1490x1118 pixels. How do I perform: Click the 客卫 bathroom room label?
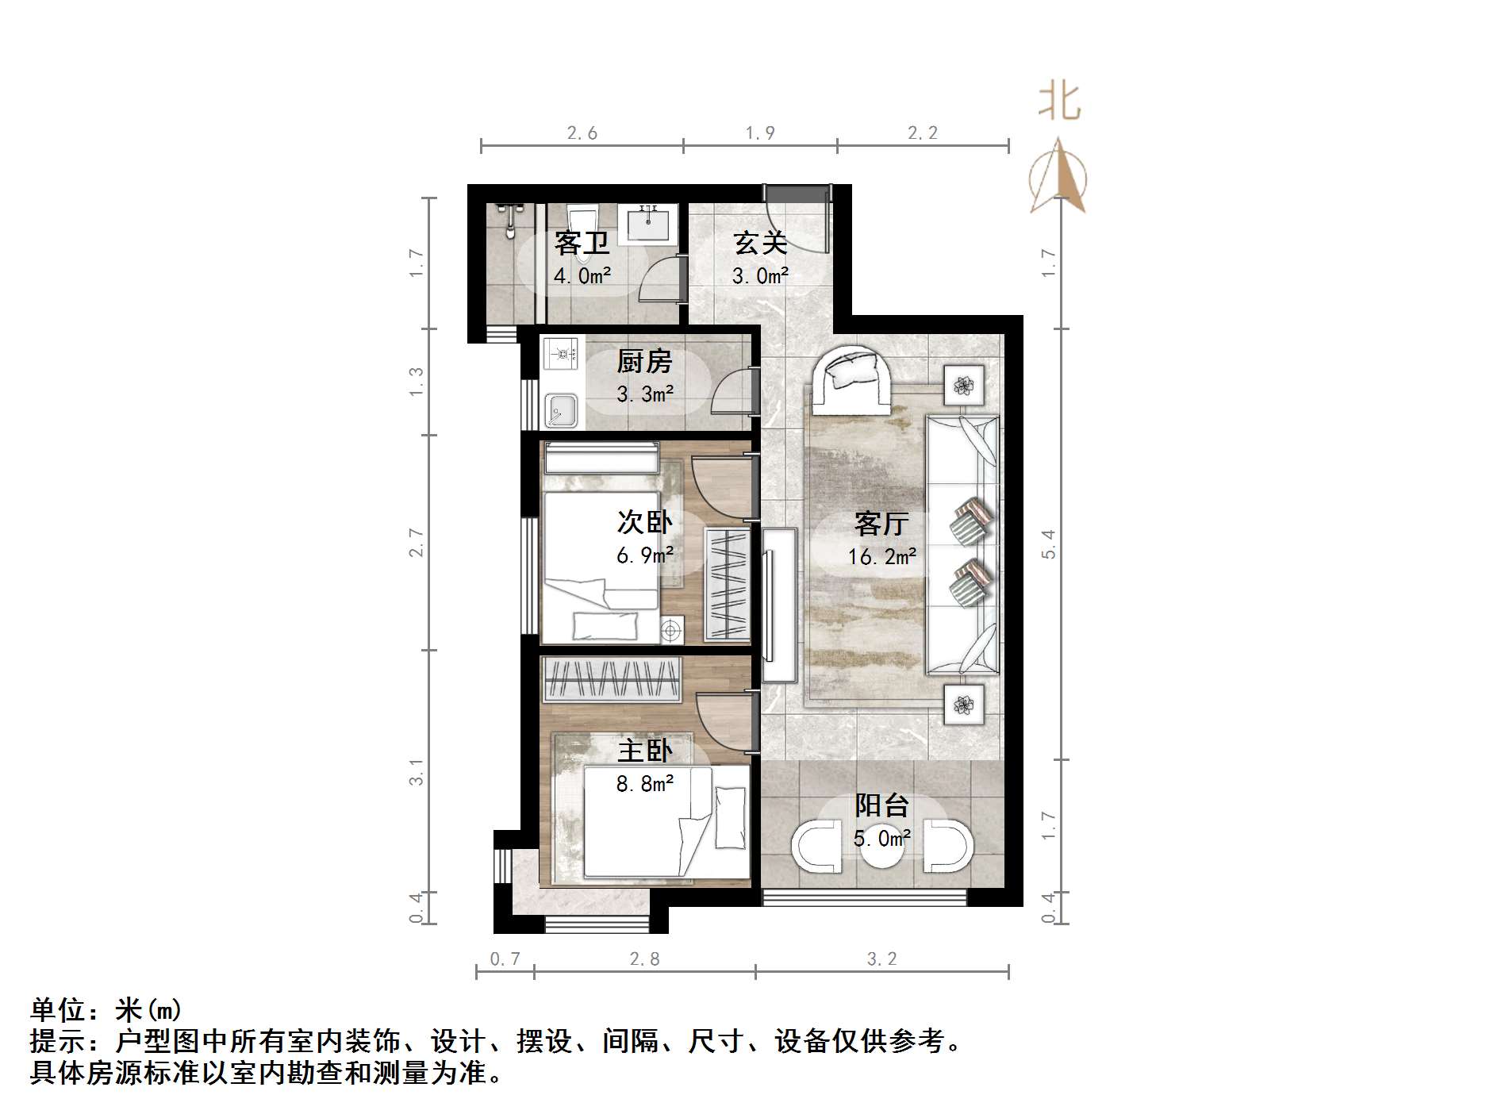coord(582,243)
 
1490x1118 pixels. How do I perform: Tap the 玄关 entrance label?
coord(759,243)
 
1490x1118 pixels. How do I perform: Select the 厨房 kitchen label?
coord(644,362)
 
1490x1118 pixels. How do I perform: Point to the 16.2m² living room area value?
coord(881,557)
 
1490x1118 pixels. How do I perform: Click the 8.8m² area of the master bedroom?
coord(645,784)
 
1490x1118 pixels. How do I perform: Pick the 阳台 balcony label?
coord(881,805)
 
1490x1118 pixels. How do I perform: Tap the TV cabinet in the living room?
coord(779,605)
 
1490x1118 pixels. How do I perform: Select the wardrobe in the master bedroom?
coord(611,679)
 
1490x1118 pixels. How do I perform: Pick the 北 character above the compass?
coord(1059,102)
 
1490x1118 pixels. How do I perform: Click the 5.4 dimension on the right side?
coord(1049,544)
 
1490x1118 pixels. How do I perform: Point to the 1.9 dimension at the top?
coord(759,133)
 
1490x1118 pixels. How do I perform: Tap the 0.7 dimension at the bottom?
coord(505,959)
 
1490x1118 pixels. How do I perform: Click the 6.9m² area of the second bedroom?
coord(645,555)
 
